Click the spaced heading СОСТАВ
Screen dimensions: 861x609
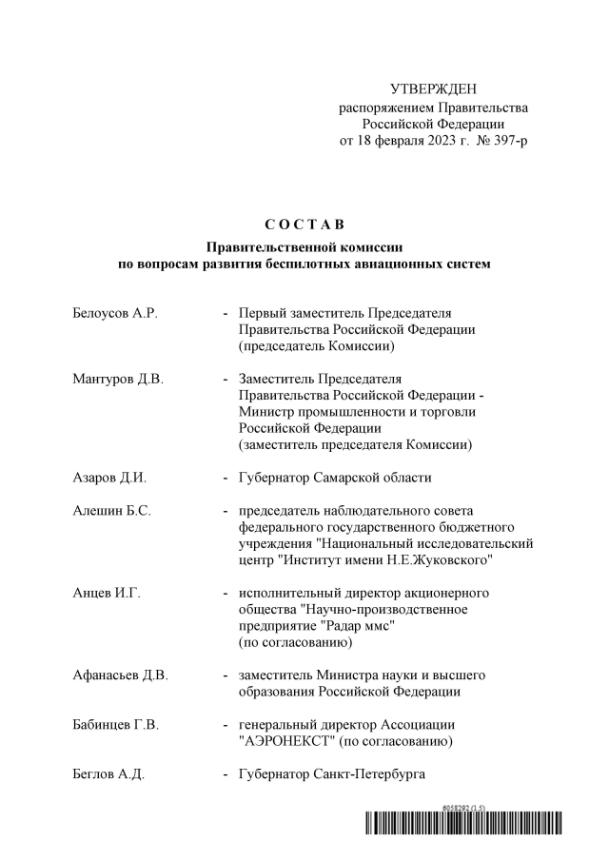304,225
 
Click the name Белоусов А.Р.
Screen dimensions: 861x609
114,313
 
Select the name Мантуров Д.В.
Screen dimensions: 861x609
118,379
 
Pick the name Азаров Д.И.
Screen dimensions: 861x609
109,478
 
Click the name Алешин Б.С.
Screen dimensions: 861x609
111,510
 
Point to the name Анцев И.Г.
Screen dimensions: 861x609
107,593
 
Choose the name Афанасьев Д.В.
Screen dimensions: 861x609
120,675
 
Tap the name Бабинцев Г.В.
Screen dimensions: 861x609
115,725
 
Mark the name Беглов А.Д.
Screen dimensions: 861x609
108,774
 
